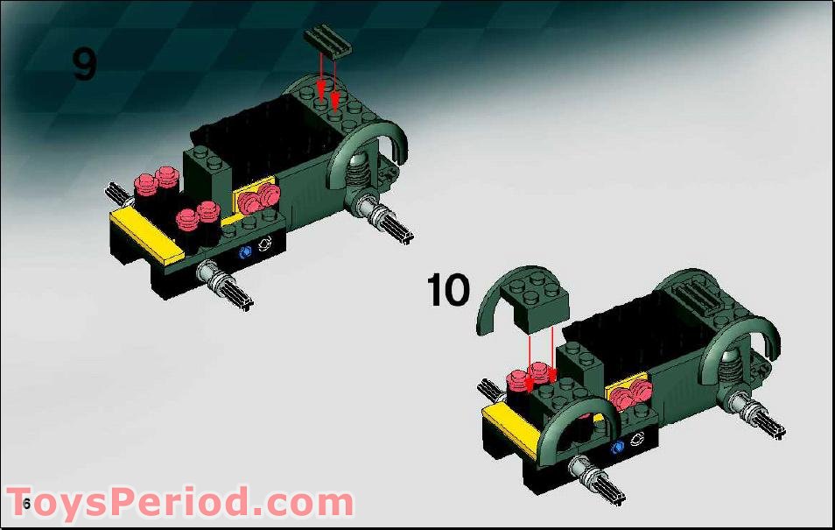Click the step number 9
coord(84,64)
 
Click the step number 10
coord(448,290)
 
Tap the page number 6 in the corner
coord(27,504)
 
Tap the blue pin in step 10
coord(619,446)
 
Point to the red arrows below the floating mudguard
coord(541,355)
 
